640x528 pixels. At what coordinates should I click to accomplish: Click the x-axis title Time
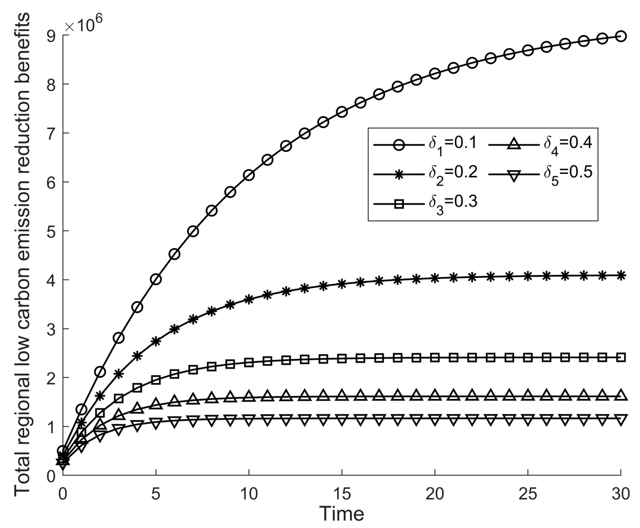click(341, 514)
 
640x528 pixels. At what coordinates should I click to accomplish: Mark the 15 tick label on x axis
click(342, 493)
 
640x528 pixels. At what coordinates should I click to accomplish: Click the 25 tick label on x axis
click(528, 493)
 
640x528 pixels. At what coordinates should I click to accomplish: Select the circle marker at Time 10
click(249, 175)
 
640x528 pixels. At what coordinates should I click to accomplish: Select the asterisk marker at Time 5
click(156, 341)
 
